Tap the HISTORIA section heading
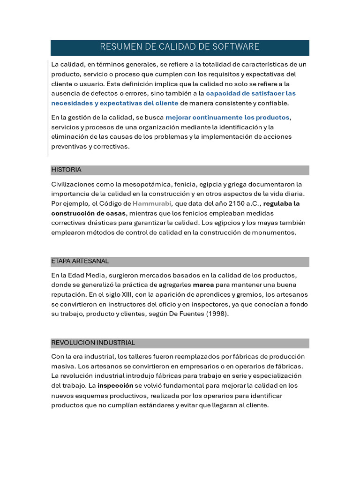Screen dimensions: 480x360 point(66,170)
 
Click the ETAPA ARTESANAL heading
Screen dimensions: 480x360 point(80,261)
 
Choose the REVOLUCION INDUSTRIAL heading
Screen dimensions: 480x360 point(93,343)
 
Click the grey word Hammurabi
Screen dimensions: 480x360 point(152,203)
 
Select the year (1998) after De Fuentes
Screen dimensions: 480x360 point(217,314)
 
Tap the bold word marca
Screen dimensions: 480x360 point(203,285)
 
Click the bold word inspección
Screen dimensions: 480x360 point(115,386)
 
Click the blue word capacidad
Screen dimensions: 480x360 point(223,93)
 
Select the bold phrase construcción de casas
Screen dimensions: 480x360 point(89,213)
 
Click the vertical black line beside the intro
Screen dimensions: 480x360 point(48,108)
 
